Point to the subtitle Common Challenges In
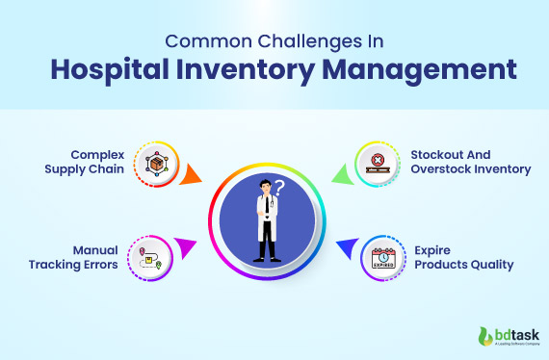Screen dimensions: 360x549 [274, 40]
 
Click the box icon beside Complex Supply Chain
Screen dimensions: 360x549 [156, 164]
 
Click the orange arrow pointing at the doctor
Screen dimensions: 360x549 [193, 174]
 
